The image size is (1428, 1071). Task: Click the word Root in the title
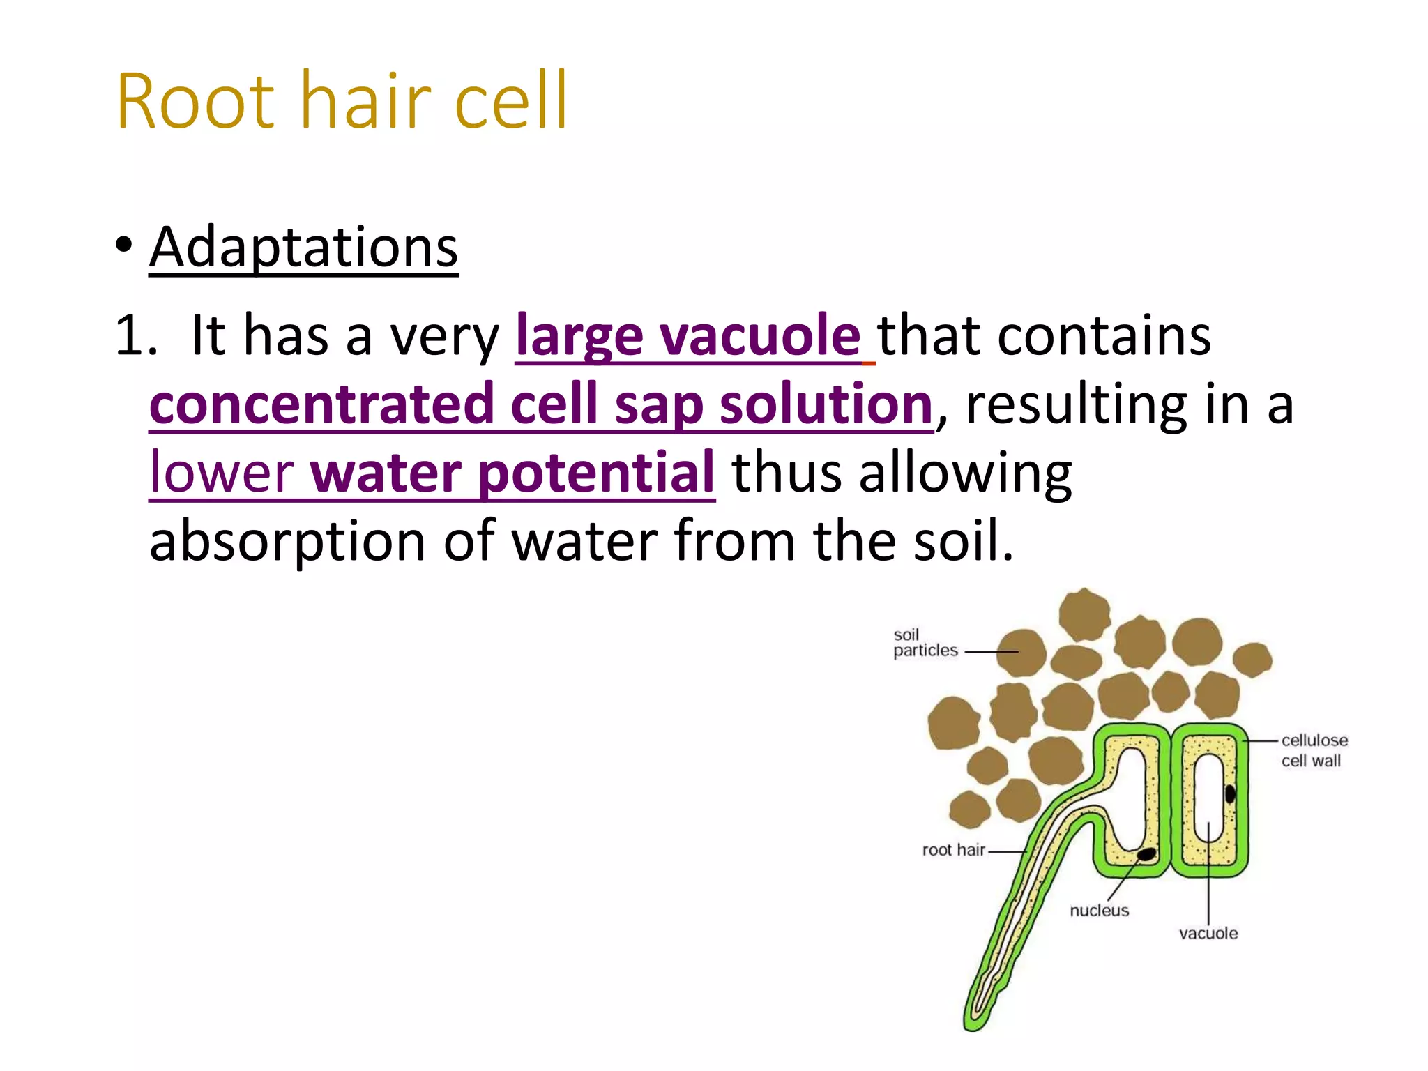click(x=195, y=102)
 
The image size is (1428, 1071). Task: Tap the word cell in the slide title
click(x=510, y=102)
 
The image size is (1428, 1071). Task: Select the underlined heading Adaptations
click(x=303, y=248)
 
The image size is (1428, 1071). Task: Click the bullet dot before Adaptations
click(x=124, y=245)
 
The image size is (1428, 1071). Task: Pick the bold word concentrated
click(x=321, y=404)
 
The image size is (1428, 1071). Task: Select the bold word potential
click(x=597, y=473)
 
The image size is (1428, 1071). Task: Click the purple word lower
click(x=222, y=473)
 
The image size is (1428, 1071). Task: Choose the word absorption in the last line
click(x=287, y=541)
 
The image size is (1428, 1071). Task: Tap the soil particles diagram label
click(x=925, y=643)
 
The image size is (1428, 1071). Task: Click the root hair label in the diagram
click(x=952, y=850)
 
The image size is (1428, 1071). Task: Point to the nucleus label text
click(x=1099, y=911)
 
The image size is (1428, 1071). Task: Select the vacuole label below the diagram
click(x=1208, y=934)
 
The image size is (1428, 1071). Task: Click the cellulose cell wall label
click(x=1314, y=750)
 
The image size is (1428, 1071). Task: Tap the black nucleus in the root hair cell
click(x=1146, y=854)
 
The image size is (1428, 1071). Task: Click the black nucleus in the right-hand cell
click(x=1230, y=794)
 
